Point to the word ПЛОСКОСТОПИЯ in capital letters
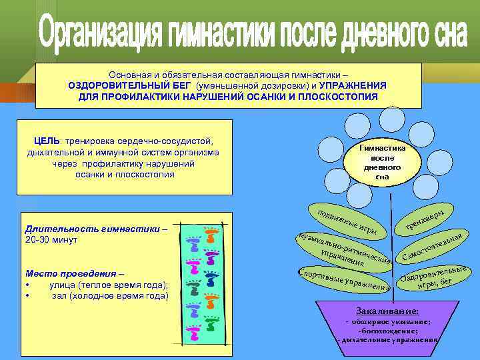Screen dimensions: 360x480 coord(340,97)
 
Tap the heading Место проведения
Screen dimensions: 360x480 coord(73,274)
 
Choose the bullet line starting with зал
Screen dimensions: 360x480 coord(109,295)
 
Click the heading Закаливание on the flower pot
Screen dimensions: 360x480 coord(387,311)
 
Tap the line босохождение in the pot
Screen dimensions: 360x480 coord(388,330)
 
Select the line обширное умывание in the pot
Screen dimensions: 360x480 coord(388,321)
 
